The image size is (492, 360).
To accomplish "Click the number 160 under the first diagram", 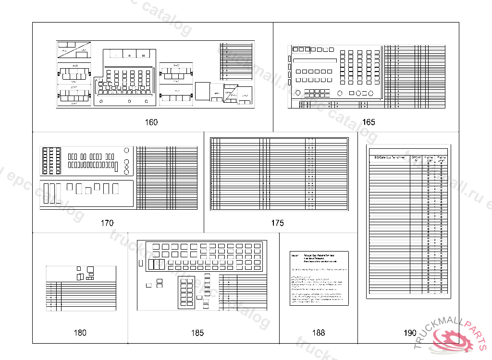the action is pyautogui.click(x=151, y=122).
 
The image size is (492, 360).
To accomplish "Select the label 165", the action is pyautogui.click(x=369, y=122).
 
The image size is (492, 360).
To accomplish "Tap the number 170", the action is pyautogui.click(x=107, y=223).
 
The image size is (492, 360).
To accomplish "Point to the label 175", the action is pyautogui.click(x=277, y=223).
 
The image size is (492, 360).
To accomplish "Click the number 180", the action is pyautogui.click(x=80, y=333).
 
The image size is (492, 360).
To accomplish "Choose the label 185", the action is pyautogui.click(x=197, y=333).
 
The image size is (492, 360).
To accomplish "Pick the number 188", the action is pyautogui.click(x=318, y=333).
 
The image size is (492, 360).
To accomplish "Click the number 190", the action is pyautogui.click(x=410, y=333).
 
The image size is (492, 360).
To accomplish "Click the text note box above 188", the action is pyautogui.click(x=319, y=278).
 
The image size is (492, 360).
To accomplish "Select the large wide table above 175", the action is pyautogui.click(x=279, y=174).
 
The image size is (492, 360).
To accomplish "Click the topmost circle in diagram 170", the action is pyautogui.click(x=126, y=151).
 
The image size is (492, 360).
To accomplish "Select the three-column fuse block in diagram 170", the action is pyautogui.click(x=51, y=161).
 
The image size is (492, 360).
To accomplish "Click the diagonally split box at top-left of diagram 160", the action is pyautogui.click(x=73, y=50).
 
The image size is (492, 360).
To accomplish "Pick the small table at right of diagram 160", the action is pyautogui.click(x=236, y=61).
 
